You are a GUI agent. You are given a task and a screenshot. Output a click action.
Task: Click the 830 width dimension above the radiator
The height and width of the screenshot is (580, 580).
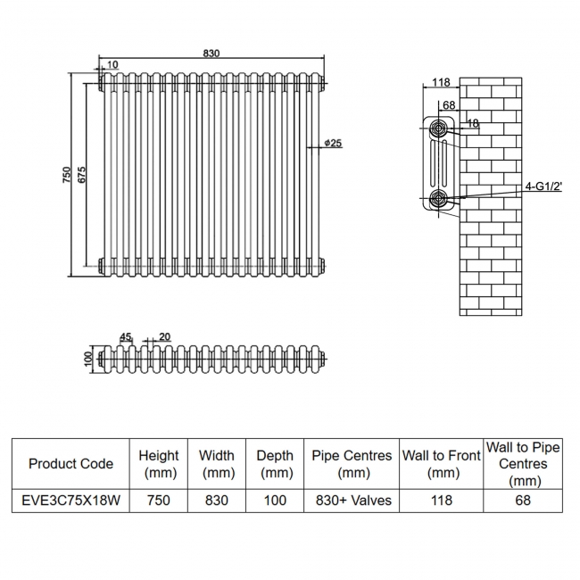pyautogui.click(x=211, y=54)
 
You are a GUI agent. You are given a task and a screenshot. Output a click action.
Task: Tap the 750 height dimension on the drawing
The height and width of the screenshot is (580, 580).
pyautogui.click(x=66, y=175)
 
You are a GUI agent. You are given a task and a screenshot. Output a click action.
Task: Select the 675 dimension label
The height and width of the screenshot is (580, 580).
pyautogui.click(x=81, y=175)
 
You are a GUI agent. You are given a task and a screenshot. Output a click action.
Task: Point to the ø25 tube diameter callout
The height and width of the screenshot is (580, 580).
pyautogui.click(x=332, y=143)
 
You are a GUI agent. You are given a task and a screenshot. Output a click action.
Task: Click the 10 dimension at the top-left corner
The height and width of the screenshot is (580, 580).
pyautogui.click(x=112, y=63)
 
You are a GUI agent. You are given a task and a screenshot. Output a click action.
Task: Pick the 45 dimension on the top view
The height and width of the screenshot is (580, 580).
pyautogui.click(x=126, y=336)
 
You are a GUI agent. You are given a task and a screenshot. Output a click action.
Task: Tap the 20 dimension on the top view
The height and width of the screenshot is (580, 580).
pyautogui.click(x=164, y=336)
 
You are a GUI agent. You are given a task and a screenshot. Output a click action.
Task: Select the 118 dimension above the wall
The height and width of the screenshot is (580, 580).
pyautogui.click(x=440, y=83)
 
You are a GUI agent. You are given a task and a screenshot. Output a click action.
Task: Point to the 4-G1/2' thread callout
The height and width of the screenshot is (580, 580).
pyautogui.click(x=544, y=186)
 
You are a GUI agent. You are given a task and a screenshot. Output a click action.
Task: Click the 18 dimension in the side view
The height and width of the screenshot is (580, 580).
pyautogui.click(x=473, y=124)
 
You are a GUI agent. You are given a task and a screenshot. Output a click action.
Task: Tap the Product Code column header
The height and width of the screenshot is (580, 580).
pyautogui.click(x=70, y=464)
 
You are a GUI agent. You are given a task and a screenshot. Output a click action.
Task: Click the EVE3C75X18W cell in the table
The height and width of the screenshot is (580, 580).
pyautogui.click(x=70, y=501)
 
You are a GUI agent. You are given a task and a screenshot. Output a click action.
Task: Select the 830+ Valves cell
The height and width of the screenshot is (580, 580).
pyautogui.click(x=353, y=501)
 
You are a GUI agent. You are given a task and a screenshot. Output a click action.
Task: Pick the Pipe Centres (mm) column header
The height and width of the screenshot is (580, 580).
pyautogui.click(x=353, y=464)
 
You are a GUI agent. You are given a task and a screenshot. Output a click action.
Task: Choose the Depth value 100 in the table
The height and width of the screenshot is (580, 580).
pyautogui.click(x=275, y=501)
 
